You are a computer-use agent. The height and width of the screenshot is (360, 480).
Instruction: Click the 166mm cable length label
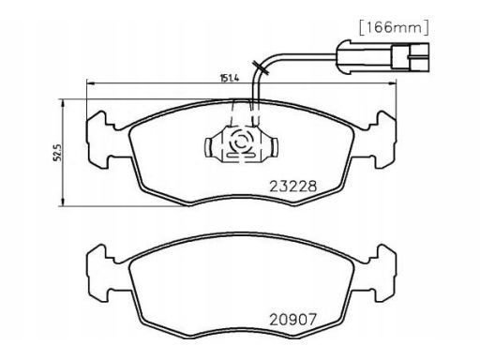(x=394, y=27)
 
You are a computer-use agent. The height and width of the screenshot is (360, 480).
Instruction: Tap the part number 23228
(x=293, y=187)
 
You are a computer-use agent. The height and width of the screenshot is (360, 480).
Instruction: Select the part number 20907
(x=293, y=320)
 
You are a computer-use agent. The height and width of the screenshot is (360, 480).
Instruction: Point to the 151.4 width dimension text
(x=230, y=78)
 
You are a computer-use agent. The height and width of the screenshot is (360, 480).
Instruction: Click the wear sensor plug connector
(x=382, y=57)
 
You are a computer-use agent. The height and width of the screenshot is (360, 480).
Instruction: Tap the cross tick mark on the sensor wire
(x=260, y=67)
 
